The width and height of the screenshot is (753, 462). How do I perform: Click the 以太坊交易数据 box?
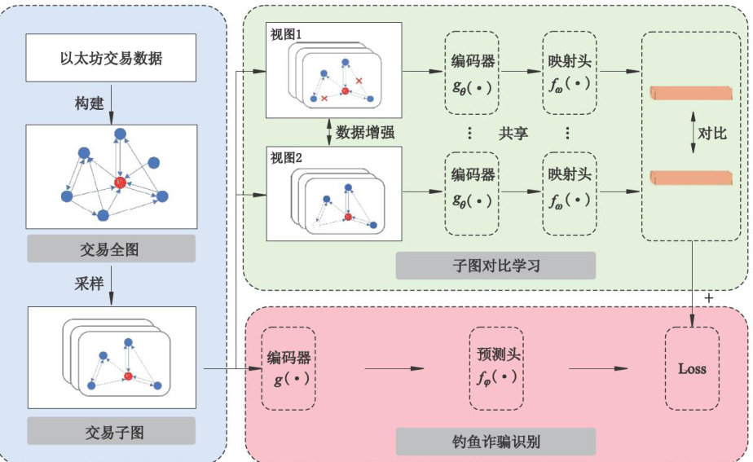[x=112, y=58]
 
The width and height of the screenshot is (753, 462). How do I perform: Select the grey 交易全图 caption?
[x=112, y=249]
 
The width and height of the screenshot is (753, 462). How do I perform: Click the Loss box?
[x=692, y=369]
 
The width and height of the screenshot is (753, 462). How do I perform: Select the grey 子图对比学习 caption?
[x=495, y=266]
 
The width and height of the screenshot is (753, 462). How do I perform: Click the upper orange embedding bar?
[x=691, y=93]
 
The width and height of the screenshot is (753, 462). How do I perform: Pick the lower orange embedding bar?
[x=691, y=178]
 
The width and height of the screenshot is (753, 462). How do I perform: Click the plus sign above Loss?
[x=708, y=299]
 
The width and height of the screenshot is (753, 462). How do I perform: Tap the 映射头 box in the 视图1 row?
[x=570, y=73]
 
